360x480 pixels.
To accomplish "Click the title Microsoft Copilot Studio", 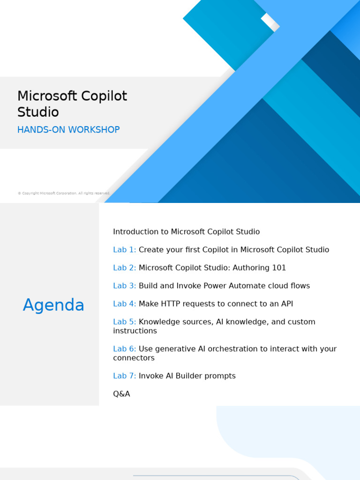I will click(72, 104).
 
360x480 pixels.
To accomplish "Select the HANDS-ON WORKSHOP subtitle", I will click(68, 130).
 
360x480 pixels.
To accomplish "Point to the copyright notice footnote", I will click(64, 193).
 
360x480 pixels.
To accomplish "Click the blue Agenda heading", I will click(53, 305).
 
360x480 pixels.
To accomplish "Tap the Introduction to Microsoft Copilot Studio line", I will click(186, 232).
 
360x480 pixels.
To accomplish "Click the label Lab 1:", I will click(124, 250).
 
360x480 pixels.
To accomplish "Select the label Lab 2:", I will click(124, 268).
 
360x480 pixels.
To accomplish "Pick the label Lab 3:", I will click(124, 286).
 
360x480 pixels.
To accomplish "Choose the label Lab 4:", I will click(124, 304).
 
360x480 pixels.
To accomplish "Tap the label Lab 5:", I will click(124, 322).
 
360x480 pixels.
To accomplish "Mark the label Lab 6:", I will click(124, 349).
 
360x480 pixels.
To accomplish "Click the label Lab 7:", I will click(124, 376).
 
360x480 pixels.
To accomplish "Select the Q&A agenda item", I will click(121, 394).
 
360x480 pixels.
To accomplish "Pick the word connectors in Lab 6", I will click(134, 358).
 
